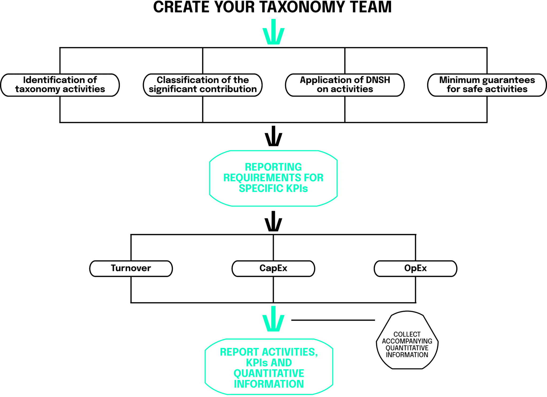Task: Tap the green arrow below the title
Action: (x=273, y=31)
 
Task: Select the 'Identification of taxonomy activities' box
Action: (x=60, y=85)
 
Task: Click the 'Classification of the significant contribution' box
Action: (x=203, y=85)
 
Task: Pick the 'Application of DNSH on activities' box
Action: (x=345, y=85)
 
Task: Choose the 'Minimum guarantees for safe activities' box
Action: (x=487, y=85)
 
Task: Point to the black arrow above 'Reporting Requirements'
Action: (x=273, y=136)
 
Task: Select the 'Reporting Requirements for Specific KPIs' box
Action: (x=273, y=178)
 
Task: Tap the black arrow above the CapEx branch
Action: (x=273, y=221)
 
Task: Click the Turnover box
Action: (x=131, y=268)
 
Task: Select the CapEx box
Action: (x=273, y=268)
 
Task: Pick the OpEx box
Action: (x=415, y=268)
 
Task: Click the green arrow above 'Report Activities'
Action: (x=273, y=319)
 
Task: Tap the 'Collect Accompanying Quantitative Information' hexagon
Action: (x=407, y=340)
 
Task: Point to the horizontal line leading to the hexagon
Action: (x=333, y=320)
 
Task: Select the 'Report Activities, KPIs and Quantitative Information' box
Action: (x=269, y=367)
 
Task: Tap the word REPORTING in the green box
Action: (x=273, y=167)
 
